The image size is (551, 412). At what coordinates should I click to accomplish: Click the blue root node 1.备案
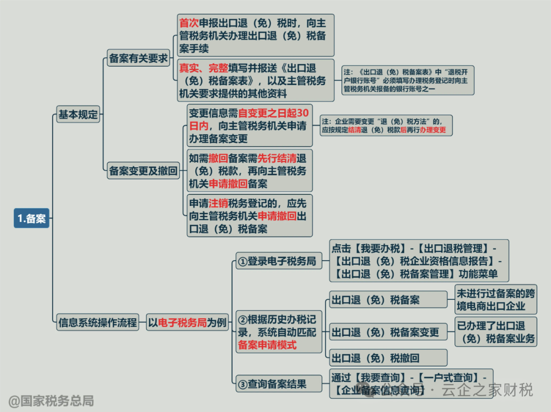pos(32,219)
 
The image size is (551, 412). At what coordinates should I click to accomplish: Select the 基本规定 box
pos(78,114)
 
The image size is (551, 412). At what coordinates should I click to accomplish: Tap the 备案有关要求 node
pos(138,59)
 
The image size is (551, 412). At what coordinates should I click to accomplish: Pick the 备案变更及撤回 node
pos(143,171)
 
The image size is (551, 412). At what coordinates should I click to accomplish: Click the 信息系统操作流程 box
pos(97,322)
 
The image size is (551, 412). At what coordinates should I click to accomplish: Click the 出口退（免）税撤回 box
pos(388,357)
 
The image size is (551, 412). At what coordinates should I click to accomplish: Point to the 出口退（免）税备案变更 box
pos(388,332)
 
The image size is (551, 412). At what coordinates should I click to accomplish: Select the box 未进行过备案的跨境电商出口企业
pos(495,300)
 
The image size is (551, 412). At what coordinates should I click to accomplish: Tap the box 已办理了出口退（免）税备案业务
pos(495,331)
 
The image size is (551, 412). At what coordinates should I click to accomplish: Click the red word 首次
pos(188,23)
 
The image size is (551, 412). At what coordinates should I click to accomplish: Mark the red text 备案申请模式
pos(267,345)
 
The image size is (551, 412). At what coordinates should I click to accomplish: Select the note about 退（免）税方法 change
pos(386,125)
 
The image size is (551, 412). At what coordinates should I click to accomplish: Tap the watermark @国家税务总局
pos(52,401)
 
